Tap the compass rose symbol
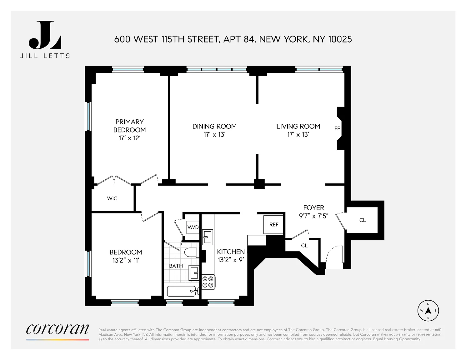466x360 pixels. (x=428, y=311)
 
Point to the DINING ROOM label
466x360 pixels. (x=214, y=126)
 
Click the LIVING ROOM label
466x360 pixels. (x=298, y=126)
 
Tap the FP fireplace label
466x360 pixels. (x=337, y=128)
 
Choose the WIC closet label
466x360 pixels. (x=112, y=198)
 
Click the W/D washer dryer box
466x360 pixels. (x=193, y=227)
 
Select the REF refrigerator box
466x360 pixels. (x=273, y=224)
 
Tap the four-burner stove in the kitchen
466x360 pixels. (x=208, y=282)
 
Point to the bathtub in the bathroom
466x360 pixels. (x=182, y=291)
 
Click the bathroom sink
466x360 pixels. (x=194, y=273)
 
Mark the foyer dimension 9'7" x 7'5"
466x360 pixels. (x=313, y=216)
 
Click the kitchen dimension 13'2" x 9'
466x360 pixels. (x=231, y=260)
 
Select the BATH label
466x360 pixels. (x=176, y=266)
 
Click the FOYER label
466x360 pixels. (x=313, y=208)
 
